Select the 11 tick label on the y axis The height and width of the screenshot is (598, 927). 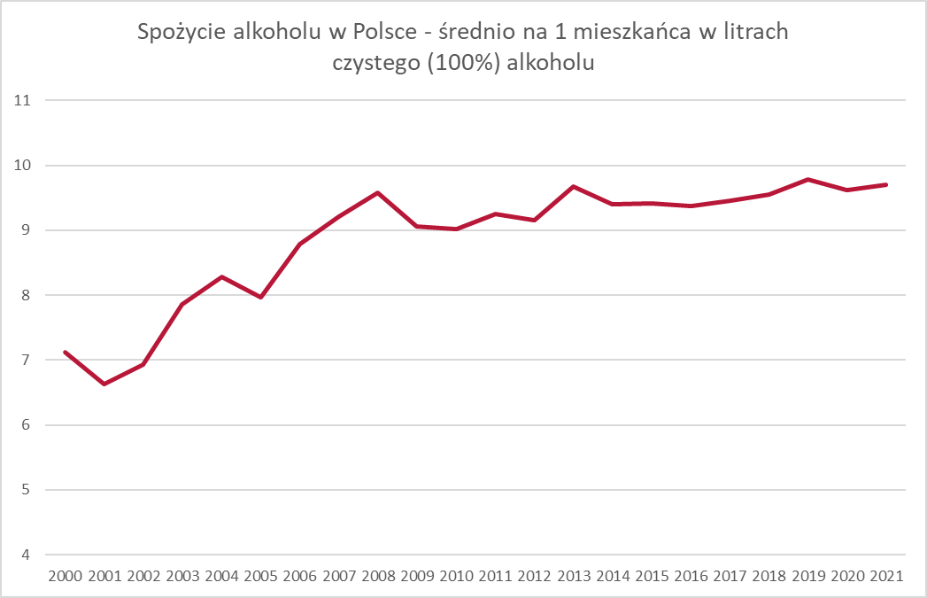pos(23,101)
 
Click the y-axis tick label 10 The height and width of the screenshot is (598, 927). pos(23,166)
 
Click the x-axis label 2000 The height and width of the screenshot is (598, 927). pos(66,576)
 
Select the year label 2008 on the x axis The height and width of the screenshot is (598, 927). pos(377,576)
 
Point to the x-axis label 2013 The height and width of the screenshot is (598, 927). pos(573,576)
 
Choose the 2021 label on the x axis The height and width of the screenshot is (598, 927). pos(885,576)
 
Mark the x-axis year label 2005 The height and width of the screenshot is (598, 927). pos(260,576)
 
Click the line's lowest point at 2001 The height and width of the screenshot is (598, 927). pos(104,384)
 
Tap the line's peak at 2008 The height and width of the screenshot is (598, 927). pos(377,192)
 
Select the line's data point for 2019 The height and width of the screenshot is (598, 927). pos(807,179)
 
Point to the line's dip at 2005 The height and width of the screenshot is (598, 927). pos(260,297)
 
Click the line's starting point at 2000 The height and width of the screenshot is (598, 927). pos(66,352)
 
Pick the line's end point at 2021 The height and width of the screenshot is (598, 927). pos(885,184)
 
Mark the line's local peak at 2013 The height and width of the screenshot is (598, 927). pos(573,186)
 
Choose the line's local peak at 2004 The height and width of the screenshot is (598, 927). pos(221,276)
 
